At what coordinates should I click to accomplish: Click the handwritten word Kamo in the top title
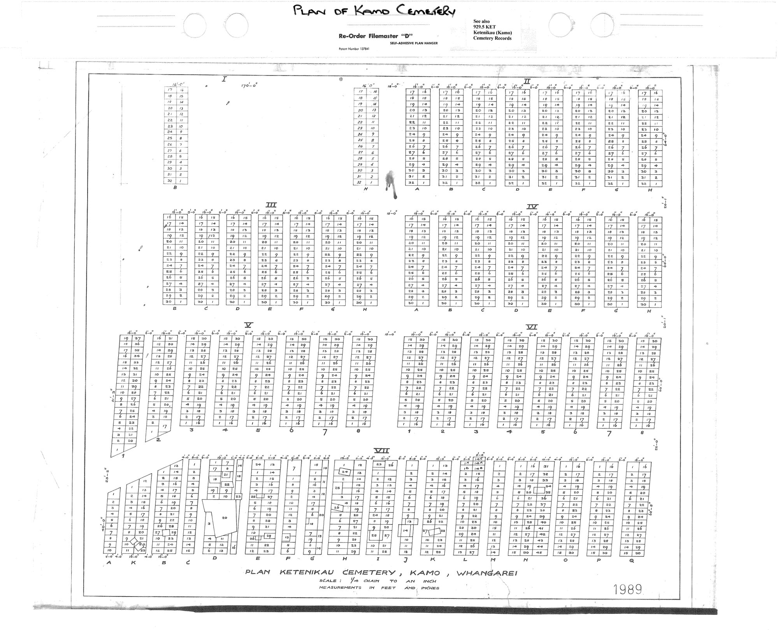(368, 11)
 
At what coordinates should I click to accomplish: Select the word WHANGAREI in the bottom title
(486, 573)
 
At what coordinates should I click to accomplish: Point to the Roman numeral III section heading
(271, 205)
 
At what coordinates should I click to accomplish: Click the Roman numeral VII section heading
(382, 451)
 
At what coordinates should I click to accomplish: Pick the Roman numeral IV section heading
(532, 207)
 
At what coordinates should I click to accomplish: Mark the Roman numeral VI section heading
(531, 327)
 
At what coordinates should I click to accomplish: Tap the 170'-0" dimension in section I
(249, 86)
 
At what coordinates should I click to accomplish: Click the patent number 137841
(354, 49)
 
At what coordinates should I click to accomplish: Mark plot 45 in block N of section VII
(540, 553)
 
